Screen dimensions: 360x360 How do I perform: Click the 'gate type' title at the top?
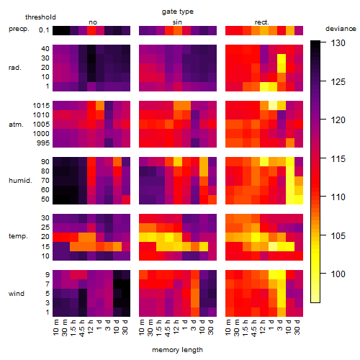click(178, 12)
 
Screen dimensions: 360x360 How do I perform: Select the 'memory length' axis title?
click(177, 350)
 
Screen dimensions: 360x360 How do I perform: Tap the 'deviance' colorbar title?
click(341, 29)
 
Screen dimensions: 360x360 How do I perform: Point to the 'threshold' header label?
click(40, 17)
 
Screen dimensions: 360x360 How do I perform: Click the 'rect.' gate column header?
click(262, 22)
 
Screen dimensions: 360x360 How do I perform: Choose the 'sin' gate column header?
click(177, 22)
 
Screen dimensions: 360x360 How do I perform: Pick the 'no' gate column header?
click(93, 22)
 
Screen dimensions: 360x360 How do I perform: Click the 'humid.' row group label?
click(20, 181)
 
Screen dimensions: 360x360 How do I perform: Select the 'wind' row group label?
click(17, 294)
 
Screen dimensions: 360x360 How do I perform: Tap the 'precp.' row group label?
click(19, 29)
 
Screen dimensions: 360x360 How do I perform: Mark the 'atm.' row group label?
click(16, 125)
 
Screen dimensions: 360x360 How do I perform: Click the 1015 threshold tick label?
click(41, 106)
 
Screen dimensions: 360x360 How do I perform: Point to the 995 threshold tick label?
click(43, 143)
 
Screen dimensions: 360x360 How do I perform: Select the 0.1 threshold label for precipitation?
click(44, 30)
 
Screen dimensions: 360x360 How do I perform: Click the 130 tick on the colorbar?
click(338, 43)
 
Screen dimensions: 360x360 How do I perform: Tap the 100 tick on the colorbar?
click(338, 274)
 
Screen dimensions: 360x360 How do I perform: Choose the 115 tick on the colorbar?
click(338, 158)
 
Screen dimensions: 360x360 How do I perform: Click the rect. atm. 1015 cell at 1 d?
click(273, 105)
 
